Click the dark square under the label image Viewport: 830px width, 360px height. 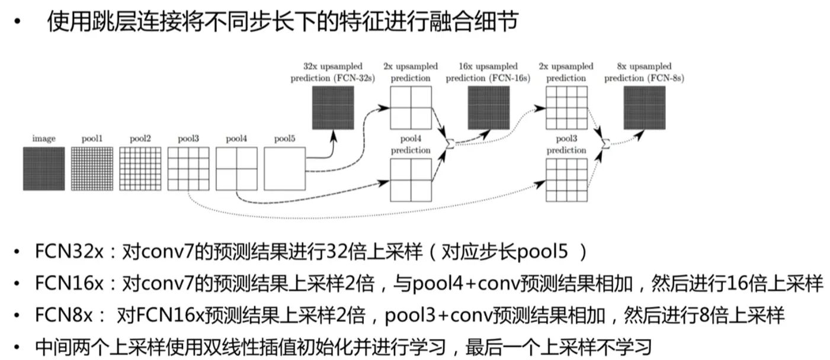point(44,169)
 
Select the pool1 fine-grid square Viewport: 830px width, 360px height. point(92,169)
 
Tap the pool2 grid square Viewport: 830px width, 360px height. point(140,169)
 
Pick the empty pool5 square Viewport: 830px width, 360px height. point(284,169)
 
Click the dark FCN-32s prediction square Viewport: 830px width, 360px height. point(333,108)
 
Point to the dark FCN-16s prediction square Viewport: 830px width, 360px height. point(488,108)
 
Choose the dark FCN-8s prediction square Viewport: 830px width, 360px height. point(645,108)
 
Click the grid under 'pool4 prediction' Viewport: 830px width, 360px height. point(411,181)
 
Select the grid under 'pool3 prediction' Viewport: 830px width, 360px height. point(566,181)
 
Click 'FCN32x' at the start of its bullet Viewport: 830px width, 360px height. point(69,252)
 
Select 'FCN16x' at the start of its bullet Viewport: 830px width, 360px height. point(69,284)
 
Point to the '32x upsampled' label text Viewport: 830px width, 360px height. point(333,66)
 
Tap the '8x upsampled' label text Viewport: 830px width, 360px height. point(644,66)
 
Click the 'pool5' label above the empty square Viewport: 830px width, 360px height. point(284,139)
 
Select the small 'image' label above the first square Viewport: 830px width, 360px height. point(44,139)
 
